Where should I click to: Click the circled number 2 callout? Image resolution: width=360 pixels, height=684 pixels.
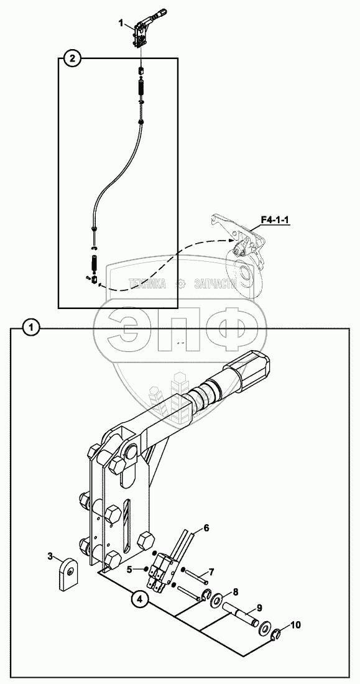pos(73,58)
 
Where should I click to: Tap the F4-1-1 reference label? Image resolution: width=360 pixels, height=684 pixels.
pos(276,221)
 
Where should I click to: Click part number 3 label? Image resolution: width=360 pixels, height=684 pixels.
pos(50,556)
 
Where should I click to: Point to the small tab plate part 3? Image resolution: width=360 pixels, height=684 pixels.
pos(68,576)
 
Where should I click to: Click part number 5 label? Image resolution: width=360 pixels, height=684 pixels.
pos(129,569)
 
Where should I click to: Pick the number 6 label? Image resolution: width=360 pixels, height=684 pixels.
pos(206,529)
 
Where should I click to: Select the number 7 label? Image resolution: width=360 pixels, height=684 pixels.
pos(211,571)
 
